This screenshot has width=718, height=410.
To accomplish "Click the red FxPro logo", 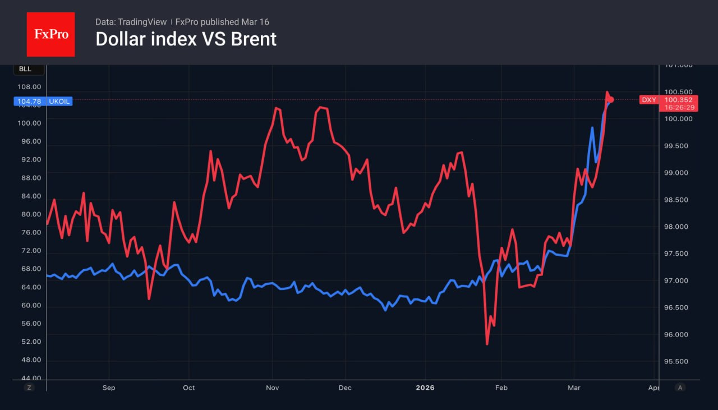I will point(50,34).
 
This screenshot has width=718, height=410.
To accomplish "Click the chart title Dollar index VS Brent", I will point(186,39).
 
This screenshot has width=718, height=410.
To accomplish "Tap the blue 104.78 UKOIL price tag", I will point(43,102).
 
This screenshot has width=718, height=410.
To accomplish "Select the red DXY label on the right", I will point(649,100).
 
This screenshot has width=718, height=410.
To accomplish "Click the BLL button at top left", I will point(25,70).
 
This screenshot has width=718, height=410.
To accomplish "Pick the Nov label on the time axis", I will point(273,388).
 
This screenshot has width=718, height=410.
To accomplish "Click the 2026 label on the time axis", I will point(425,388).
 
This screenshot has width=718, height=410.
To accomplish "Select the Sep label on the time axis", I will point(109,388).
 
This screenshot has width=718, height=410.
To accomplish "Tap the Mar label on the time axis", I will point(574,388).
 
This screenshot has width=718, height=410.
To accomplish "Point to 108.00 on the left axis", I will point(30,87).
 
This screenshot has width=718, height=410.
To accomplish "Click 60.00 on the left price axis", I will point(30,305).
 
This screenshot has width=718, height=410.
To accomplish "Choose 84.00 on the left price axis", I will point(30,196).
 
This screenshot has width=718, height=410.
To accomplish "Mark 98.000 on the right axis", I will point(678,227).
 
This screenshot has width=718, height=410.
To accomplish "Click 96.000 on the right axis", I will point(678,335).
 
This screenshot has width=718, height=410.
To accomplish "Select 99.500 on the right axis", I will point(678,146).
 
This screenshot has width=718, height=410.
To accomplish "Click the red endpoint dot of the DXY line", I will point(611,100).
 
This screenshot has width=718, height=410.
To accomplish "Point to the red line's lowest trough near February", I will point(487,344).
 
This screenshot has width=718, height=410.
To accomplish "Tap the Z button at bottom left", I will point(30,387).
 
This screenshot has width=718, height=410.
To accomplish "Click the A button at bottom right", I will point(680,387).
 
